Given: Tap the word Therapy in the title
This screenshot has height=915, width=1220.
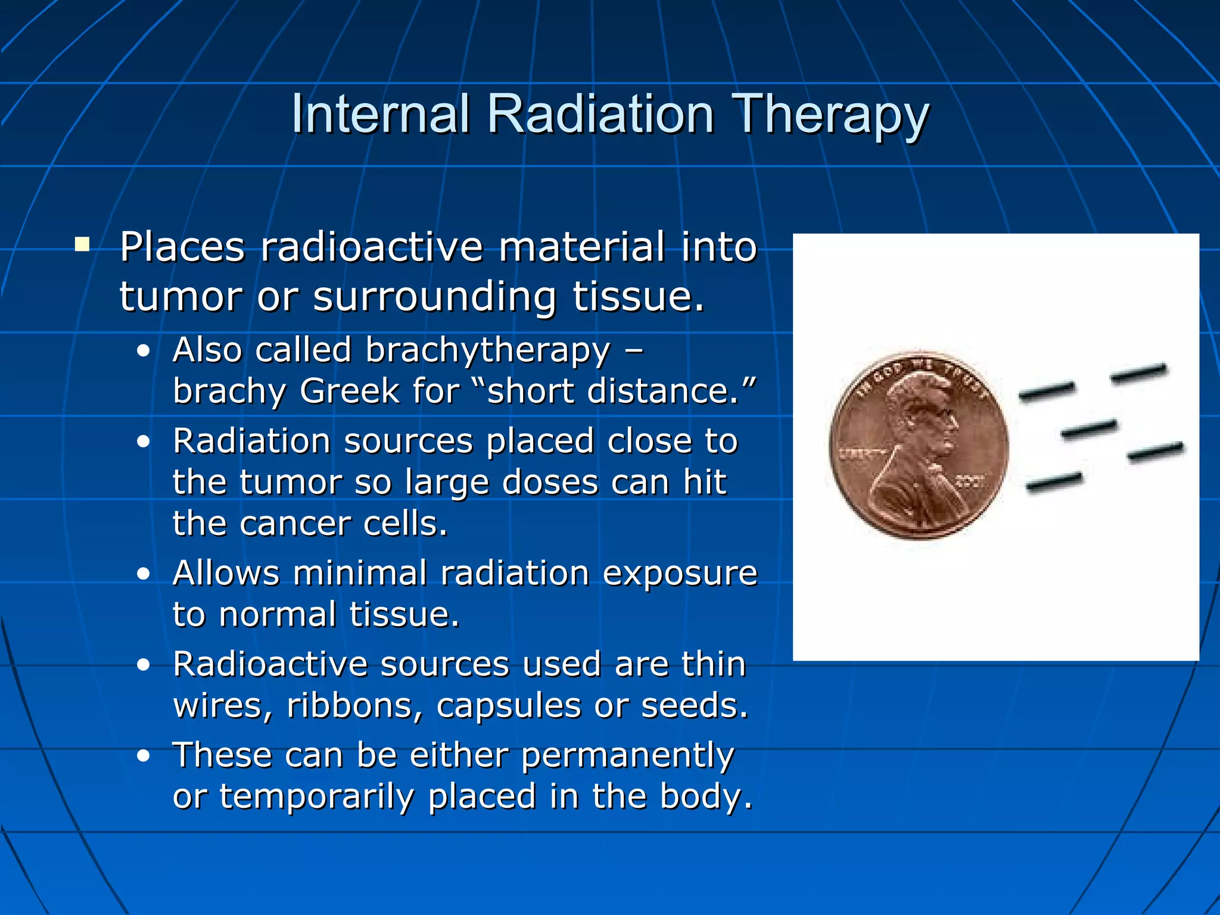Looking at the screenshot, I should [x=832, y=116].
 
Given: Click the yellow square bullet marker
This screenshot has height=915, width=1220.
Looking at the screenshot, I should [x=82, y=244].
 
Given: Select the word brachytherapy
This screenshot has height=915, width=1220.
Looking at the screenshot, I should [x=488, y=350].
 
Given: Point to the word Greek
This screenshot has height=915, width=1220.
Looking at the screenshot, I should [x=349, y=391].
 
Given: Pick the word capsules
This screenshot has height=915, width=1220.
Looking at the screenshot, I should [x=508, y=706].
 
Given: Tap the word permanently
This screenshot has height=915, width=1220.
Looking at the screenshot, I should [x=627, y=755].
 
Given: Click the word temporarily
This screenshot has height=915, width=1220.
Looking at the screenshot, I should [x=317, y=796].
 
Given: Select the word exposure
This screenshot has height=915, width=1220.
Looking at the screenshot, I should [x=680, y=573].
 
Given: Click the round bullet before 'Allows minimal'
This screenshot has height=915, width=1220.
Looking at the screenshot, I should [x=143, y=574].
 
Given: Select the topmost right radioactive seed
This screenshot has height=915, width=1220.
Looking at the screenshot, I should [x=1138, y=374].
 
